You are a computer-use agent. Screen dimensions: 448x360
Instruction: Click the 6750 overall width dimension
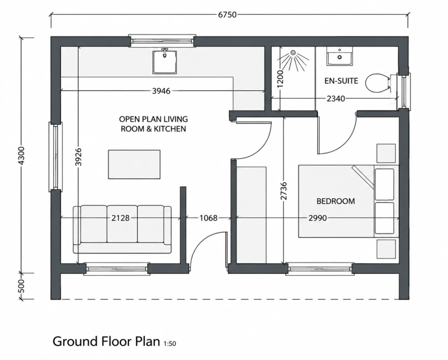(227, 14)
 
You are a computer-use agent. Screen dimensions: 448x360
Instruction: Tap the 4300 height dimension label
(21, 155)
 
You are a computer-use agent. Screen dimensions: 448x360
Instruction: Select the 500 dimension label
(21, 286)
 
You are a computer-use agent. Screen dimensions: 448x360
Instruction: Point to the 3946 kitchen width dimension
(161, 91)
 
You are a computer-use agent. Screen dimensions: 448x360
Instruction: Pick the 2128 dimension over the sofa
(120, 218)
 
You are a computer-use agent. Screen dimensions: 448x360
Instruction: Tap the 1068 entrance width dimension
(208, 218)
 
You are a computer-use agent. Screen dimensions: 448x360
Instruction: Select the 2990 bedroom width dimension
(318, 218)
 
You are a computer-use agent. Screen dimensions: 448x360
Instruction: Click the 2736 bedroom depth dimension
(283, 191)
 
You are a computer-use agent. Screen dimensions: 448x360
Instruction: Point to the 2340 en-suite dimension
(336, 99)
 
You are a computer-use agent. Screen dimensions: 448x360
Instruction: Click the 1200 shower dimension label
(280, 79)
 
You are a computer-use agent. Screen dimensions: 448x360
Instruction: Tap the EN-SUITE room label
(341, 81)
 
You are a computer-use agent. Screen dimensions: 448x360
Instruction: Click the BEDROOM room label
(336, 201)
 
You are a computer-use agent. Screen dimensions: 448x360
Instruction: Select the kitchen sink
(165, 62)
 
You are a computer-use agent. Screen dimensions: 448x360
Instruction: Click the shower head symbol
(293, 53)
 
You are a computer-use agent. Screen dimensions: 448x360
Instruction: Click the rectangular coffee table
(134, 164)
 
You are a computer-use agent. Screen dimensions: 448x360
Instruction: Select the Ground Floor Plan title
(107, 341)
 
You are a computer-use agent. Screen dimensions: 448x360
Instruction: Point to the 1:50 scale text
(170, 344)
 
